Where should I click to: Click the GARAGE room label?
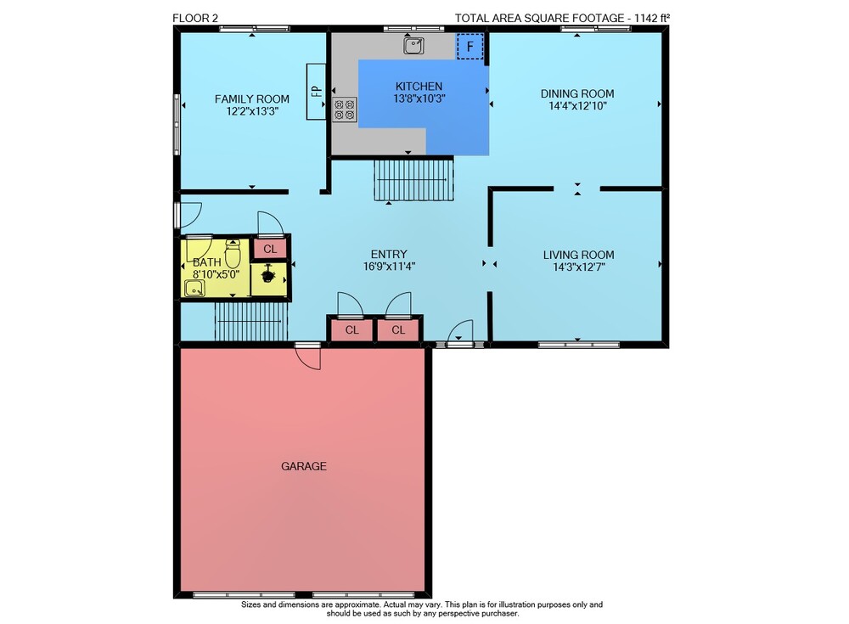(x=304, y=466)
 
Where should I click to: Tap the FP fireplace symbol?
(x=316, y=92)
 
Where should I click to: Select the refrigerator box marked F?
(x=470, y=47)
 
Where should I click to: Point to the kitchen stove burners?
(x=345, y=110)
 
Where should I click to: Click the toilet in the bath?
(x=233, y=254)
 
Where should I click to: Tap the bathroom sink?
(x=194, y=289)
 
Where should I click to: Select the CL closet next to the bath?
(x=270, y=249)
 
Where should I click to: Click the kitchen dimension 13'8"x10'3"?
(x=419, y=98)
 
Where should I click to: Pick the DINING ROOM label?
(x=577, y=93)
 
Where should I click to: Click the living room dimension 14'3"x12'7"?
(x=579, y=267)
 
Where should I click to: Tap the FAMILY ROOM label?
(x=252, y=99)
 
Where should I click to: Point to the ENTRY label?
(x=389, y=254)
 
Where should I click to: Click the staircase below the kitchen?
(x=413, y=179)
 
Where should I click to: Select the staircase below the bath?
(x=251, y=321)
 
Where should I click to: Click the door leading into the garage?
(x=308, y=357)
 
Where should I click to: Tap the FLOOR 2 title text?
(x=195, y=18)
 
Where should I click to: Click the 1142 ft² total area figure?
(x=652, y=18)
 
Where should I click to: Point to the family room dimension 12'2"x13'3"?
(x=252, y=111)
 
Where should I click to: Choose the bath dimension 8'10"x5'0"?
(x=216, y=274)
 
